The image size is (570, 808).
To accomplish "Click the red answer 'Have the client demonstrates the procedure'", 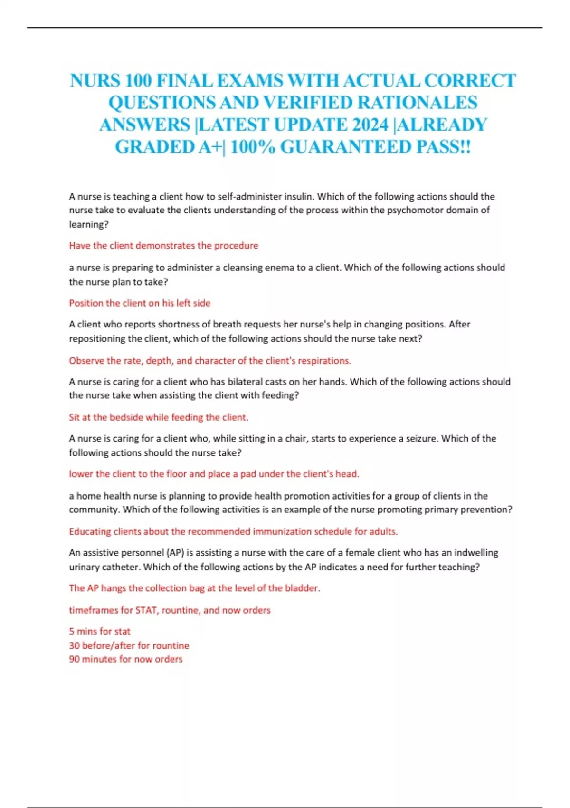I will click(x=163, y=246).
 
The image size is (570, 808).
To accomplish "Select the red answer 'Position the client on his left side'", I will click(x=140, y=303).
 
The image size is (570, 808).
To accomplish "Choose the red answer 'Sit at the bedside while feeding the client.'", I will click(x=159, y=417).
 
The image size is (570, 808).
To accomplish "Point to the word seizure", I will click(x=421, y=438).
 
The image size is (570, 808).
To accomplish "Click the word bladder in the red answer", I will click(x=302, y=588).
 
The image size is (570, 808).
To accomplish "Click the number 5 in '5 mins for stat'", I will click(x=72, y=632).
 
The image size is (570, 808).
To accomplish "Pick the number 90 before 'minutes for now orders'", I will click(x=75, y=659).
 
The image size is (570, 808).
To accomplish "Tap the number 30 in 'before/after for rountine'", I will click(x=75, y=645).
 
